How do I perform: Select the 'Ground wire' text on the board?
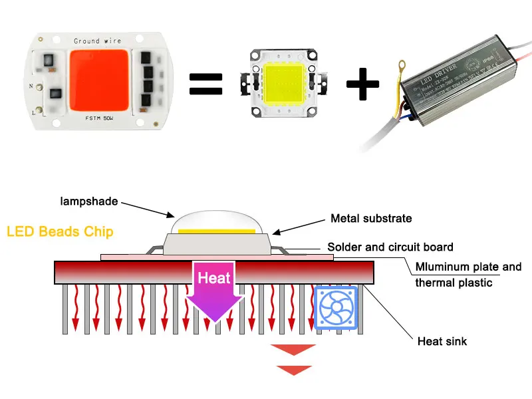click(x=96, y=41)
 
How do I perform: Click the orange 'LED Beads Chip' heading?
click(x=60, y=232)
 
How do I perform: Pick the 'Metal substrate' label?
click(x=371, y=218)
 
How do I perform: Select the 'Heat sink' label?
click(x=442, y=342)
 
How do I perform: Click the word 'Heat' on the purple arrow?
click(x=213, y=278)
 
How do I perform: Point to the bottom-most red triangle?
click(x=294, y=370)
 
